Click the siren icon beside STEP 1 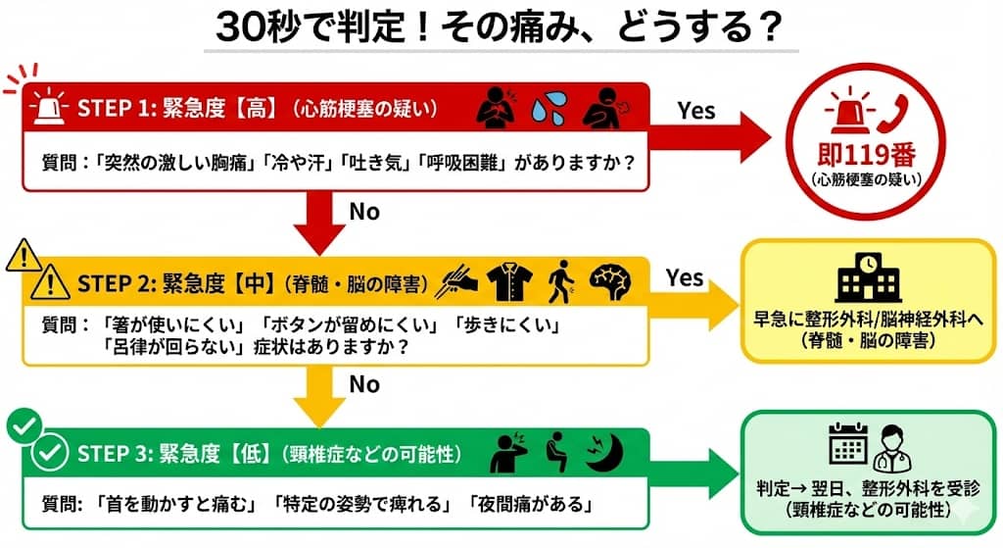(x=47, y=107)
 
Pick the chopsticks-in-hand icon (x=459, y=282)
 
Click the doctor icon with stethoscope (x=891, y=446)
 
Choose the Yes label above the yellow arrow (x=685, y=277)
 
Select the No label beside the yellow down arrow (x=363, y=383)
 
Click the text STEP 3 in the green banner (x=113, y=454)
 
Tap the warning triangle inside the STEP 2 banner (x=47, y=284)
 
